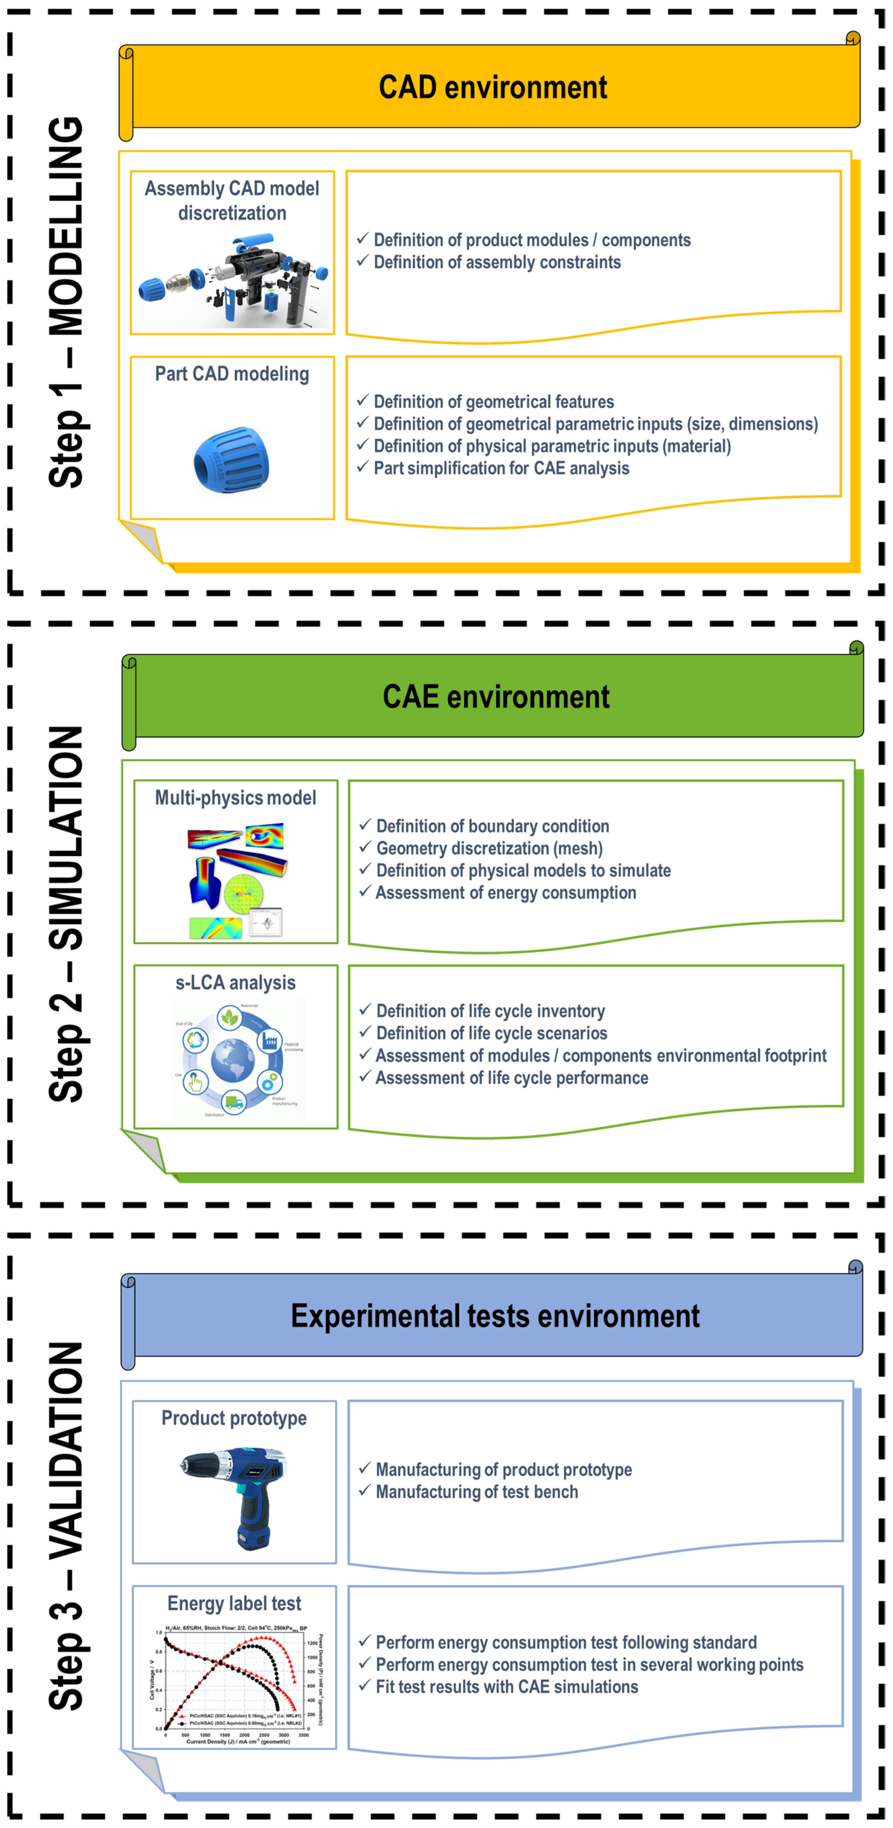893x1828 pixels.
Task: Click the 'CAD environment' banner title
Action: (493, 87)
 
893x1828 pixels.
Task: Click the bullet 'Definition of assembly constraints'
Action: (497, 263)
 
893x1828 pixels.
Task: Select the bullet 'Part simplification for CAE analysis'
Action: (501, 468)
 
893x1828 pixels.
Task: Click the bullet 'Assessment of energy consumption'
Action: (505, 893)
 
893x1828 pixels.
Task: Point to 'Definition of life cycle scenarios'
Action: (491, 1033)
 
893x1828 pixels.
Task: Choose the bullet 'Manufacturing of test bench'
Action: (476, 1492)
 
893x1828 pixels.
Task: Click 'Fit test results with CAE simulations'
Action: (507, 1687)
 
